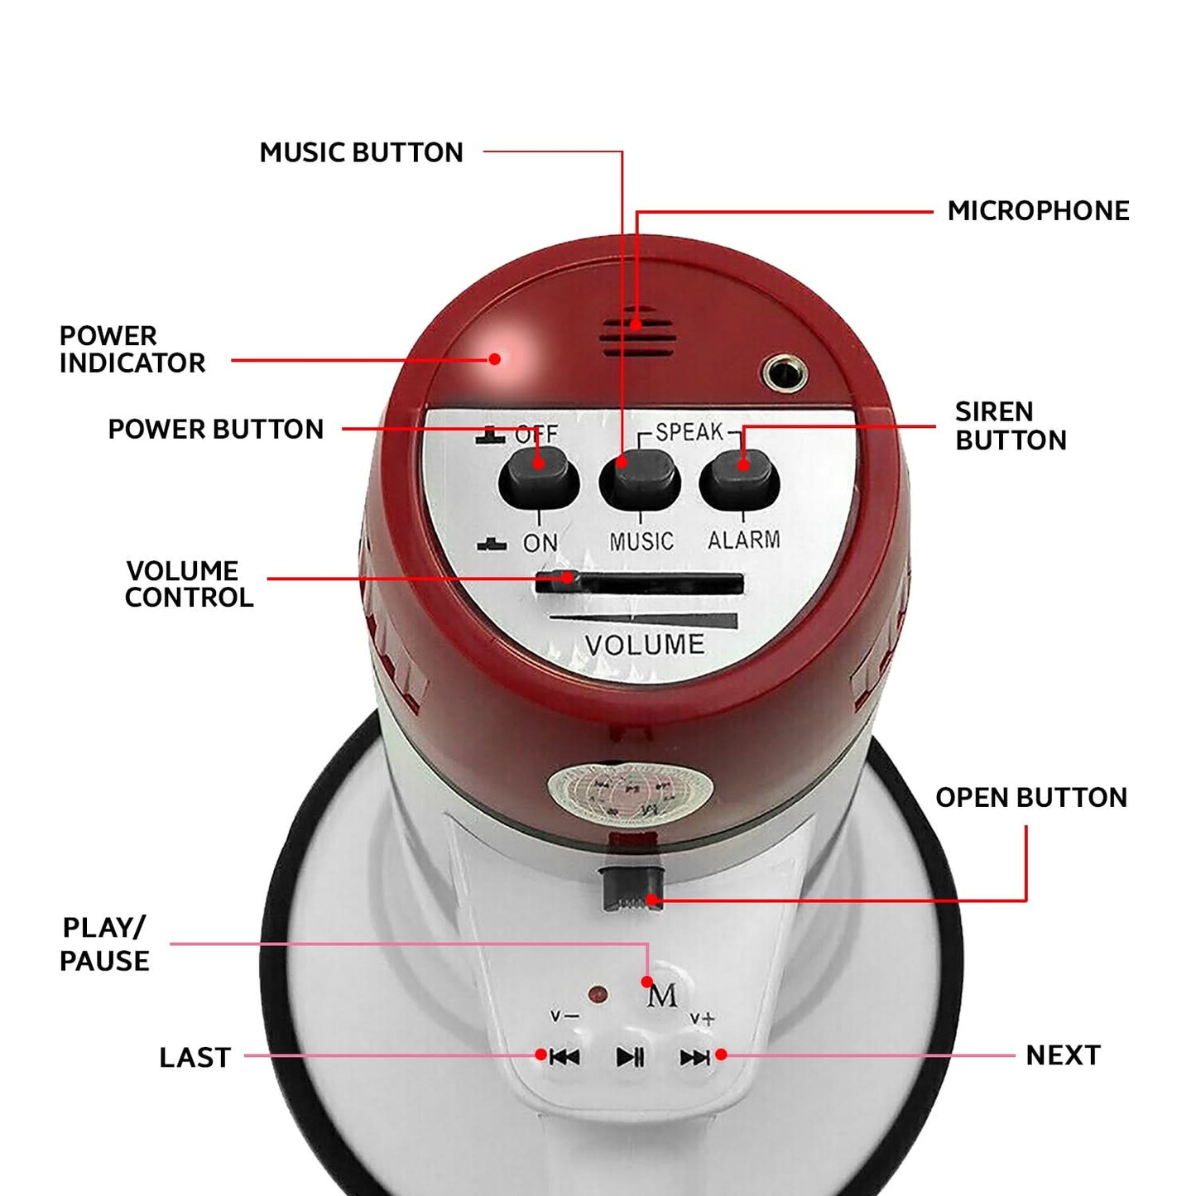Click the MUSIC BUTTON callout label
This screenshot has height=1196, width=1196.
pyautogui.click(x=361, y=152)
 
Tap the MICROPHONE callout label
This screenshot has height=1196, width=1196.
pyautogui.click(x=1038, y=211)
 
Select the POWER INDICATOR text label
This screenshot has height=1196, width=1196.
pyautogui.click(x=132, y=349)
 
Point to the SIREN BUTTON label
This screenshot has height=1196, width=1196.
pyautogui.click(x=1011, y=425)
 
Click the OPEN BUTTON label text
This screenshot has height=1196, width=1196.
pyautogui.click(x=1031, y=798)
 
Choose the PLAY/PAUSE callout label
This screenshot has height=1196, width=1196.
pyautogui.click(x=104, y=944)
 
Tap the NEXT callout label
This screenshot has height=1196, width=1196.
pyautogui.click(x=1064, y=1055)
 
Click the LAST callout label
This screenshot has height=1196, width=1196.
pyautogui.click(x=195, y=1058)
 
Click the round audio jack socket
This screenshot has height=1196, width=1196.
pyautogui.click(x=785, y=373)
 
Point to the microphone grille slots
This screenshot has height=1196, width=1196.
pyautogui.click(x=637, y=333)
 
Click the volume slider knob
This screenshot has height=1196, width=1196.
pyautogui.click(x=558, y=581)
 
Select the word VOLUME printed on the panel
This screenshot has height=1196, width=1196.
pyautogui.click(x=645, y=645)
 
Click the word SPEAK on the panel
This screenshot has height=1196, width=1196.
pyautogui.click(x=689, y=432)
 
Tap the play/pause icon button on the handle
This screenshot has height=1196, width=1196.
pyautogui.click(x=630, y=1056)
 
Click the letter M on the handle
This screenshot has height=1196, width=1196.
pyautogui.click(x=661, y=997)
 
